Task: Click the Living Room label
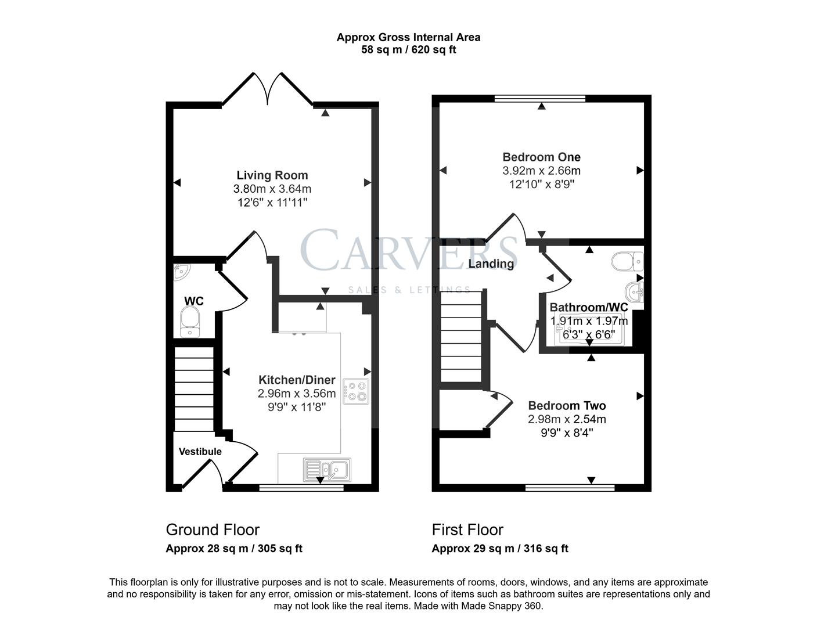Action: pos(272,175)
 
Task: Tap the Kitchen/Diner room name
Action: pos(297,380)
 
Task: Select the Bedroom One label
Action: pos(541,157)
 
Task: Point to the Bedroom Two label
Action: pos(567,406)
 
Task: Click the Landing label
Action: pos(491,264)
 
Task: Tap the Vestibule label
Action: pos(200,452)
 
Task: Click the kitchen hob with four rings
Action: pos(355,391)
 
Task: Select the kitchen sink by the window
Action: pos(326,469)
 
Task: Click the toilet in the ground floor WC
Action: pos(190,322)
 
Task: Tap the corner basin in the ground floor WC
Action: pos(181,271)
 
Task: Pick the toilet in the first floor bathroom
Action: pos(627,261)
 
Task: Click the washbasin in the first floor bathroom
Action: pos(635,292)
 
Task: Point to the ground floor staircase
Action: pos(194,388)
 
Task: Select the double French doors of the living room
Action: pos(268,90)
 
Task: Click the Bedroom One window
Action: pos(540,99)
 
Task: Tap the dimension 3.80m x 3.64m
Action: pos(272,189)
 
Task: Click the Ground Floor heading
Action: pos(213,529)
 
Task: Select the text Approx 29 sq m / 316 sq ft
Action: pos(500,549)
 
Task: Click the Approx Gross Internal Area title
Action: pos(408,37)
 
